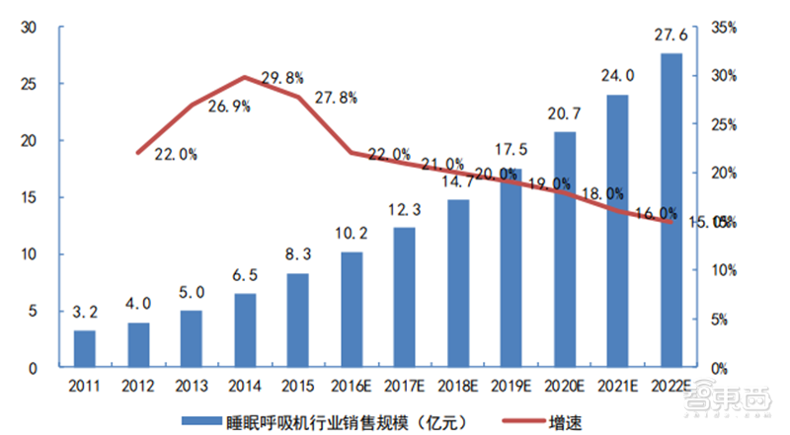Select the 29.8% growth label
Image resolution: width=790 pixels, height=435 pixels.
point(282,77)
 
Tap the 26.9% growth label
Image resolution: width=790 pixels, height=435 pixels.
point(229,109)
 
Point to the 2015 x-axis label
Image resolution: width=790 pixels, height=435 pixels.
point(298,388)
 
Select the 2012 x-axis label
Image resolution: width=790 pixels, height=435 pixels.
point(138,388)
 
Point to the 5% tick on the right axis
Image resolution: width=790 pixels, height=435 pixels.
point(721,320)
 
